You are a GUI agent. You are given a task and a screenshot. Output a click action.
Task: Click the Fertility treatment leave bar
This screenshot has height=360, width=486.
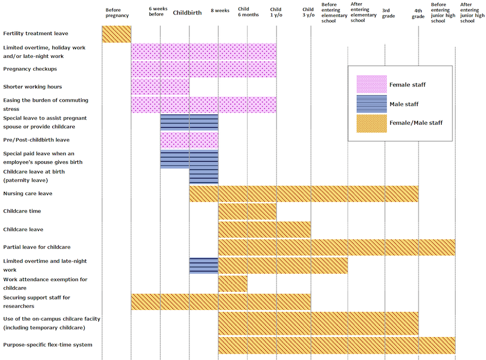[x=117, y=34]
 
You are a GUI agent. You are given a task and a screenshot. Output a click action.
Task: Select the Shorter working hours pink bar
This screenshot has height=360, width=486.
[x=160, y=87]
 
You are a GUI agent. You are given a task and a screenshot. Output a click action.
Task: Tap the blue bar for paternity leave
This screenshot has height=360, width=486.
[x=204, y=176]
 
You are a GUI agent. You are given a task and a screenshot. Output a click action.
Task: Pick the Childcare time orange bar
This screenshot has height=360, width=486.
[x=247, y=211]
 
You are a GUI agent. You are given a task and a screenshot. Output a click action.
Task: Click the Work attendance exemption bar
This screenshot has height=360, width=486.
[x=233, y=283]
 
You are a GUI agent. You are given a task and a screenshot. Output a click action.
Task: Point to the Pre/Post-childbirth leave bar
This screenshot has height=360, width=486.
[x=189, y=141]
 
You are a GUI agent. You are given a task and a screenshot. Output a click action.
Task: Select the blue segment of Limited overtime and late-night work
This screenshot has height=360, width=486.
[x=204, y=265]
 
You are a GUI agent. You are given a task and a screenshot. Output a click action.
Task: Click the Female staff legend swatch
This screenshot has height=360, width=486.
[x=372, y=84]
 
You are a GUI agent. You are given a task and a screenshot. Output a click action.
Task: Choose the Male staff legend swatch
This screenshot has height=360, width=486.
[x=372, y=104]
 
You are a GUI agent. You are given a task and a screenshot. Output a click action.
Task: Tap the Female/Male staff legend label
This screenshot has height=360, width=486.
[x=416, y=123]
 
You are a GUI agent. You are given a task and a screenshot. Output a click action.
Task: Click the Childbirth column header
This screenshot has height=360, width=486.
[x=187, y=12]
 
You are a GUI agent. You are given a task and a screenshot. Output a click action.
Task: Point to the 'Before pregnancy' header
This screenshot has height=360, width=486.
[x=117, y=12]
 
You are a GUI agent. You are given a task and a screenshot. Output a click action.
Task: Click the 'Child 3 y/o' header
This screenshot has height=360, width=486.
[x=308, y=12]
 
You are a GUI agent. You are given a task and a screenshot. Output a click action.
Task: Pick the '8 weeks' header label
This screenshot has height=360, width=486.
[x=220, y=10]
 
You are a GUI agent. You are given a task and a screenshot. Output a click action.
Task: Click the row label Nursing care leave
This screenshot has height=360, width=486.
[x=28, y=194]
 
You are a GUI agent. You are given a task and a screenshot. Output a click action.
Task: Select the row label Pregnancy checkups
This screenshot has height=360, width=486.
[x=30, y=69]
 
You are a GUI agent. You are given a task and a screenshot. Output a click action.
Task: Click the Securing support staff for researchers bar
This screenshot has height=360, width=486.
[x=221, y=302]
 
